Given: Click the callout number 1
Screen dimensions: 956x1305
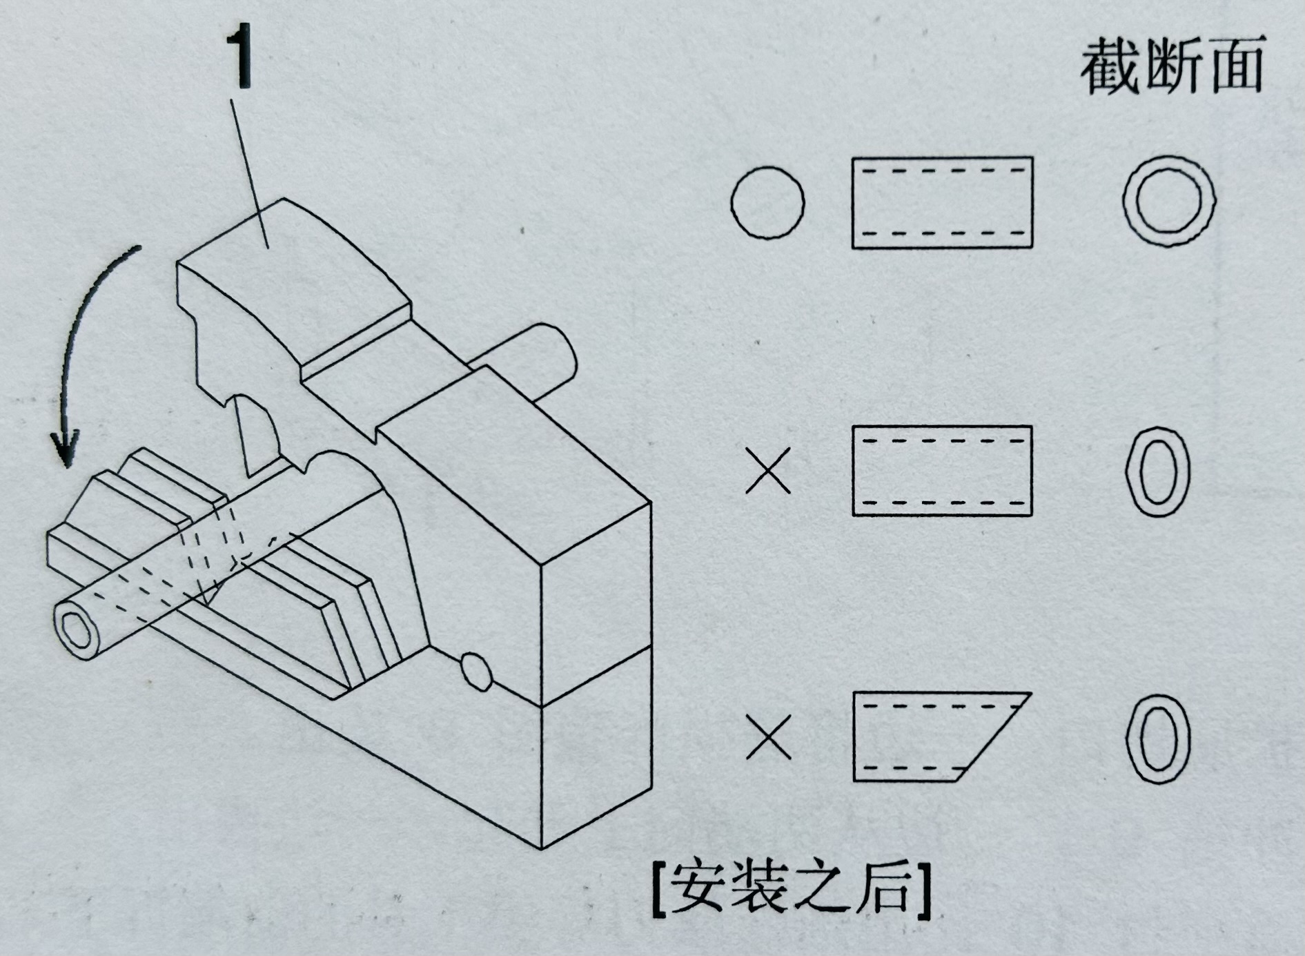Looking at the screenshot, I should click(x=242, y=59).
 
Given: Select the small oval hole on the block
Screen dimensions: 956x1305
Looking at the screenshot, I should click(x=475, y=670).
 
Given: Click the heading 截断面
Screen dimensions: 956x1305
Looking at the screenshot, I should click(x=1171, y=66).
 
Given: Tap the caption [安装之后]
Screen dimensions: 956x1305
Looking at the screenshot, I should click(x=791, y=890).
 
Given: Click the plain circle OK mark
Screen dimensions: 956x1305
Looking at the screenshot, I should click(x=767, y=203).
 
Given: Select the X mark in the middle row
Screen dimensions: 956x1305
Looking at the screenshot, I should click(x=767, y=471).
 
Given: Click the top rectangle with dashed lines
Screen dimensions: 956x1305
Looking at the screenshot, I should click(x=942, y=202).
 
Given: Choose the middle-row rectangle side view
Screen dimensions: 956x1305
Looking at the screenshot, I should click(x=942, y=471).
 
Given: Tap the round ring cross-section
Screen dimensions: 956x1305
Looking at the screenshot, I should click(x=1168, y=201).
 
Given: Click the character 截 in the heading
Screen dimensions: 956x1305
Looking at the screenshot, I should click(x=1110, y=66).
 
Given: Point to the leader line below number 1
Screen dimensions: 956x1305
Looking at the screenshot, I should click(x=250, y=173).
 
